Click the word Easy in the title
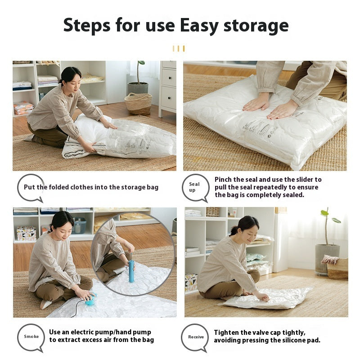click(x=199, y=26)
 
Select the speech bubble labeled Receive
click(x=195, y=337)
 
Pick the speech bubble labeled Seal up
click(x=196, y=188)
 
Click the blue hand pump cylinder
click(x=131, y=271)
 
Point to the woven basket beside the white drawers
click(x=138, y=103)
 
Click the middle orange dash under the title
click(x=178, y=49)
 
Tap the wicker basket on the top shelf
click(x=212, y=212)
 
